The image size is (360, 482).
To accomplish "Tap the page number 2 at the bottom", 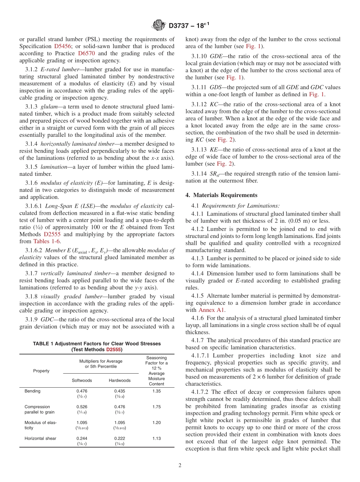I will [180, 466].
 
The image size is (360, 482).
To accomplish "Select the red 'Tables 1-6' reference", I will [46, 241].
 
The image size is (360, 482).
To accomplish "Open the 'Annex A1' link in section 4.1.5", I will [211, 310].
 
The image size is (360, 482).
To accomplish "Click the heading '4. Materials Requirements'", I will [221, 195].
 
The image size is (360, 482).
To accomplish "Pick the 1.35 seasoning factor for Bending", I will [157, 391].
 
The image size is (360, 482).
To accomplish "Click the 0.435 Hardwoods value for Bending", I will [119, 391].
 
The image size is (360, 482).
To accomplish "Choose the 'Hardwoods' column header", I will [119, 380].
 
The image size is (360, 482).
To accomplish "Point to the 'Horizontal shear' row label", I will [40, 438].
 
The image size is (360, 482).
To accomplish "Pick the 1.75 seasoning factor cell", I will [157, 407].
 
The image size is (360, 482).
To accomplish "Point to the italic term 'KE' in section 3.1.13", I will [213, 150].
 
